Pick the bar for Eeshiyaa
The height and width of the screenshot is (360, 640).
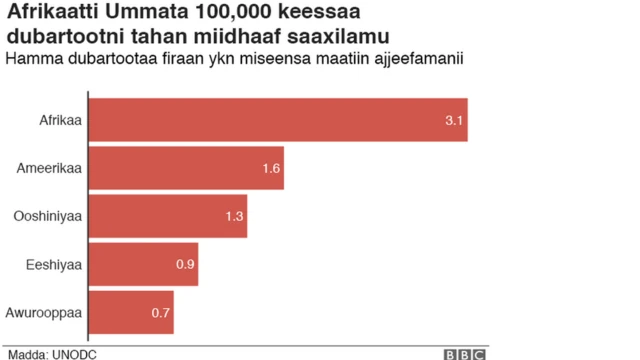[144, 264]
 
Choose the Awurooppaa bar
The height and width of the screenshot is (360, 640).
[131, 312]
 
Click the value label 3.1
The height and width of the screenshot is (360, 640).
[451, 120]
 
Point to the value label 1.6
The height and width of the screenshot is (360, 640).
[270, 168]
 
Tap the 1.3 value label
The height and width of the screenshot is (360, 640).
[234, 216]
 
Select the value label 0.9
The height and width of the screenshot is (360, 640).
[185, 264]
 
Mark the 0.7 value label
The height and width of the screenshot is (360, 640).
[160, 312]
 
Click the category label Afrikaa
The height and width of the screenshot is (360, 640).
[58, 120]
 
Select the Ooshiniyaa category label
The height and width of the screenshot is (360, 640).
[46, 216]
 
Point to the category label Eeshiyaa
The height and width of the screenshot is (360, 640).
[55, 264]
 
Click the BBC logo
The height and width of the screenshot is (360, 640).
[464, 353]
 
